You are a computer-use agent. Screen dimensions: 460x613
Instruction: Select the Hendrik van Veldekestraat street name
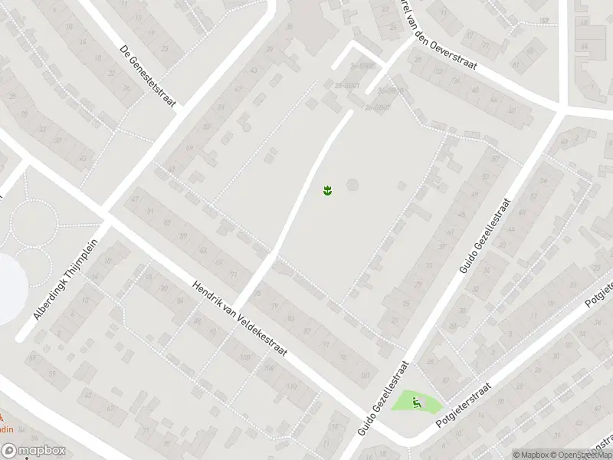pyautogui.click(x=239, y=317)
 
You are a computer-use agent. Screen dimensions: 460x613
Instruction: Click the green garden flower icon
pyautogui.click(x=327, y=189)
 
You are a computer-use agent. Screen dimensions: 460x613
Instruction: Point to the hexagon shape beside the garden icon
pyautogui.click(x=352, y=185)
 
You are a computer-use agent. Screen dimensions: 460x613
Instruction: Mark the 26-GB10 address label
pyautogui.click(x=389, y=90)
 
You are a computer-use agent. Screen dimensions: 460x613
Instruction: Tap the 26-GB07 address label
pyautogui.click(x=377, y=107)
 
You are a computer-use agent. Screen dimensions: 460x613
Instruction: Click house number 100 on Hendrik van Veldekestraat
pyautogui.click(x=245, y=358)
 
